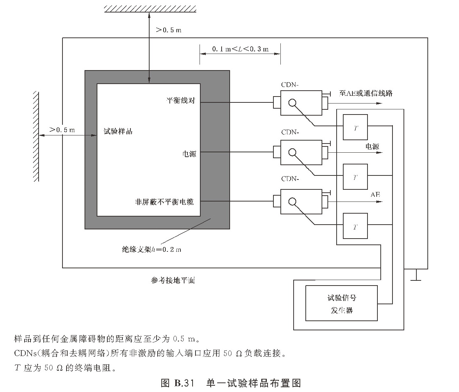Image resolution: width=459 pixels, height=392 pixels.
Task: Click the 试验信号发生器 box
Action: pos(341,303)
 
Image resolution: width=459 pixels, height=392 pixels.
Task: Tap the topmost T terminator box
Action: pos(355,127)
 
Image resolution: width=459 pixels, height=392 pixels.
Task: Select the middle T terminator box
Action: pos(355,177)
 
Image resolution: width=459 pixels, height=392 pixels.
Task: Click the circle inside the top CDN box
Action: pos(292,103)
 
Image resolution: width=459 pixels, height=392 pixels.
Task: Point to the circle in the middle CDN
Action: pos(292,152)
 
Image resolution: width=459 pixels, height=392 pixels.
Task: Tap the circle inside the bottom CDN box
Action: pos(292,201)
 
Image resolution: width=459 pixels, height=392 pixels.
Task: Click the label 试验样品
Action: pos(118,131)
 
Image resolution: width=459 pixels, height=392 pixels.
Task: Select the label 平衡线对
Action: pos(181,100)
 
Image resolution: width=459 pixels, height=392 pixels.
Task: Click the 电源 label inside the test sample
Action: pos(189,154)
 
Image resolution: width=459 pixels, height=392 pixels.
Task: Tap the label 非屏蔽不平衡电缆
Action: pos(164,202)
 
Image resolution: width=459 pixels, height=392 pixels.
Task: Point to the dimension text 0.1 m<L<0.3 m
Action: pos(240,49)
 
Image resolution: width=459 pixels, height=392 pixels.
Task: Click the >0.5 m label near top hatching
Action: pos(169,30)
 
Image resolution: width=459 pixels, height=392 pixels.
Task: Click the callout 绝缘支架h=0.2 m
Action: pos(151,250)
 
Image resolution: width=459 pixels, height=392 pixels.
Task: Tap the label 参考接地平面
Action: pos(173,281)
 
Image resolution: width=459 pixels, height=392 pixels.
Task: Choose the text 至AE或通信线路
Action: pos(366,93)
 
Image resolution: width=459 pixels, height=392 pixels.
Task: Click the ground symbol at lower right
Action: pos(416,275)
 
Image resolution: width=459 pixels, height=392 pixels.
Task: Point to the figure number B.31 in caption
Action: pos(182,383)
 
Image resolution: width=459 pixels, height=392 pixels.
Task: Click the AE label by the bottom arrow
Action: pos(375,195)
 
